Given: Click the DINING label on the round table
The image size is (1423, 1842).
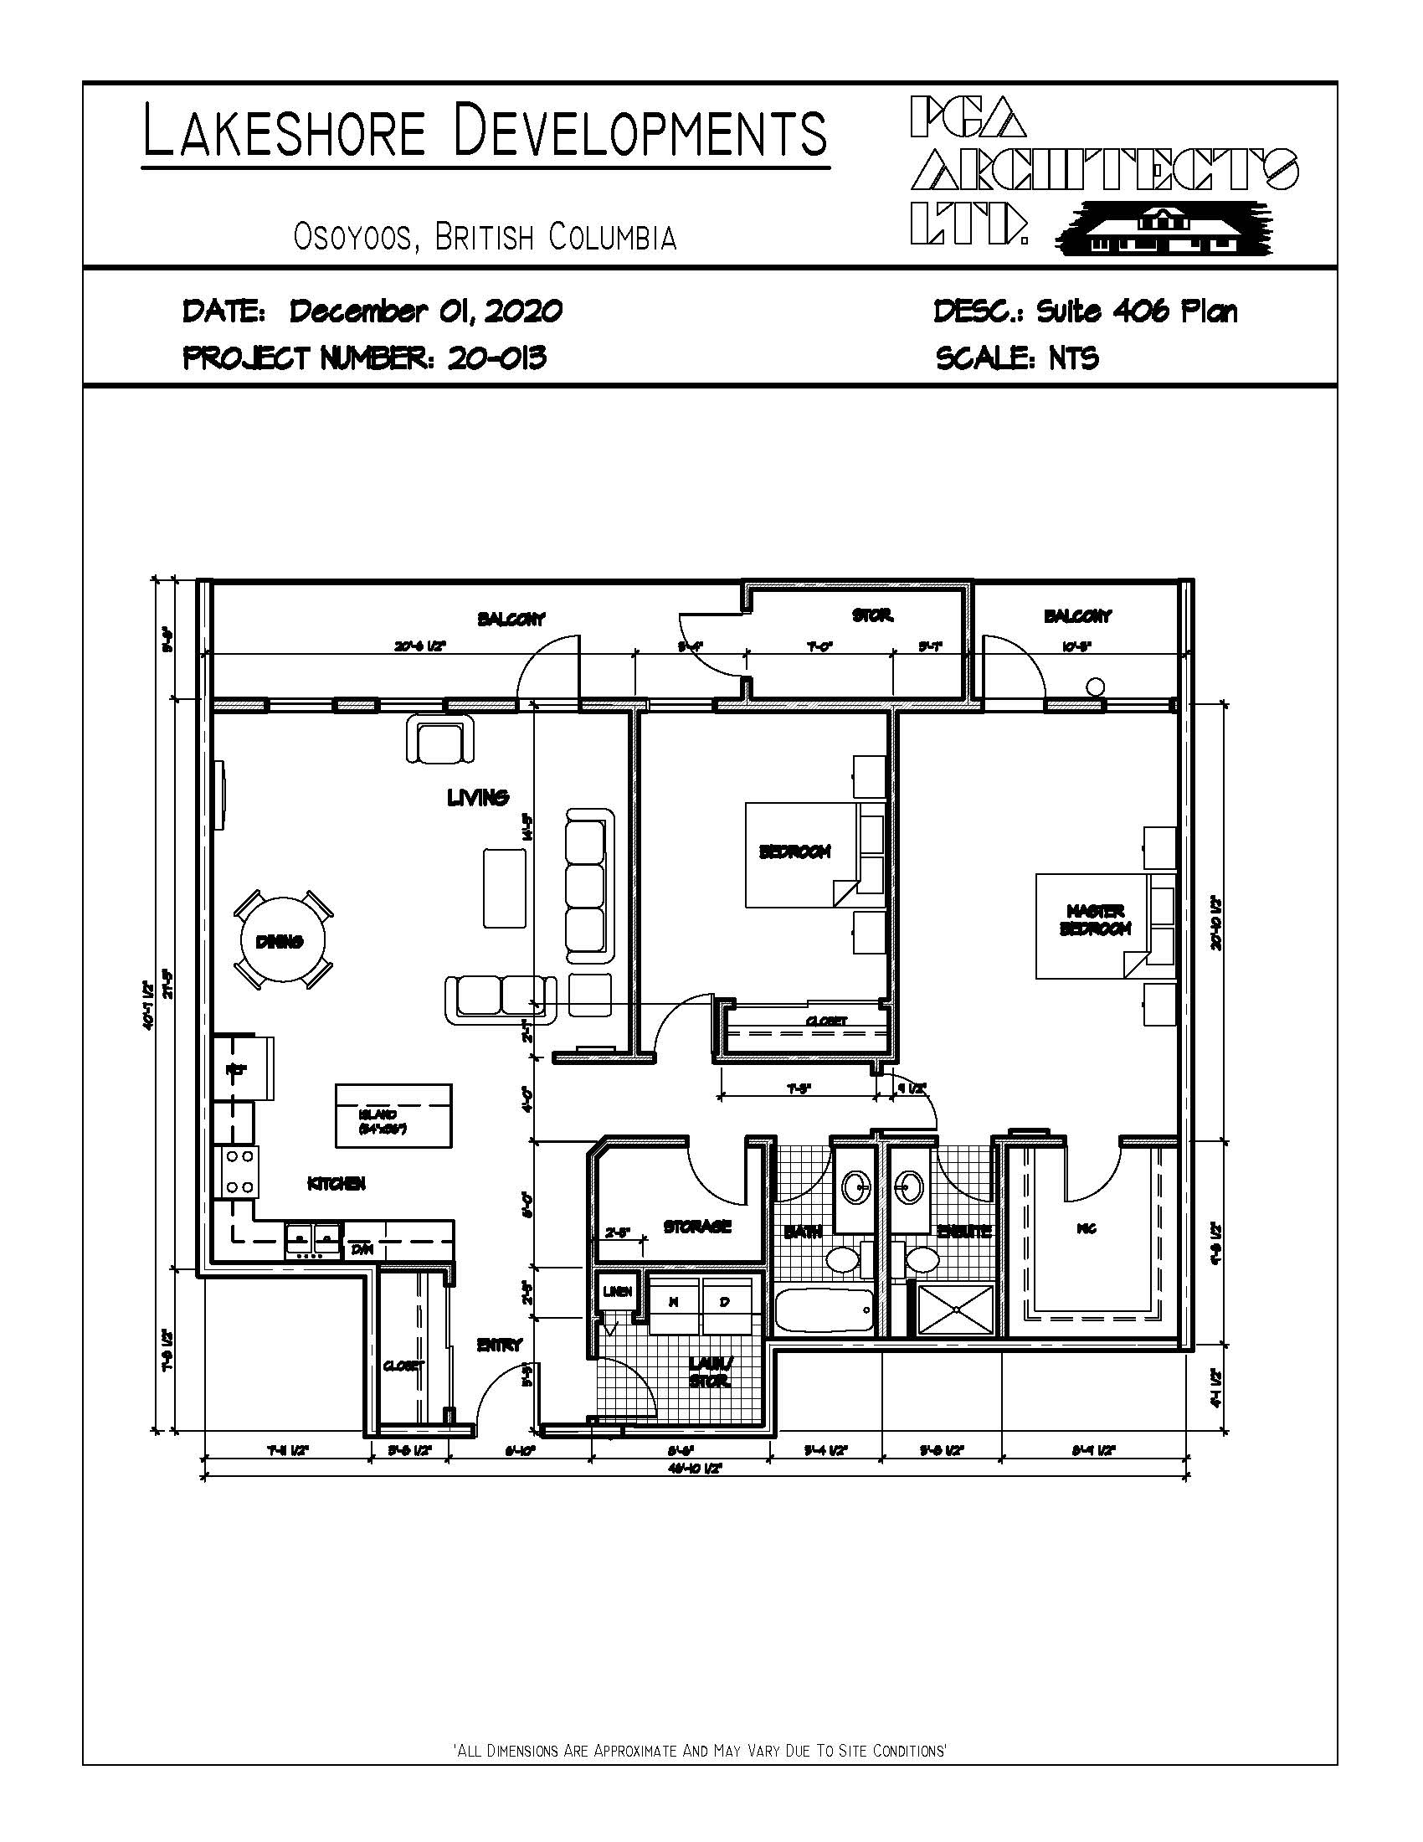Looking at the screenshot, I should pos(279,942).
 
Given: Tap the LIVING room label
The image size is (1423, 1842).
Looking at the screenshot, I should pos(478,797).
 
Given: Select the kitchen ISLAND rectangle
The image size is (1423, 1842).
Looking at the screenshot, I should pos(393,1115).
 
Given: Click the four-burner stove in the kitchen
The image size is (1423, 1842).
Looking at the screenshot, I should pos(239,1172).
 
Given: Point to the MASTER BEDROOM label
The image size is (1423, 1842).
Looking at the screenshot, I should pos(1095,920).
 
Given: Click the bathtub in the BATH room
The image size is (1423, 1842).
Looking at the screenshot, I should pos(825,1310).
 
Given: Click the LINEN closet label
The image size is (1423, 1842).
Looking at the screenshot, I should pos(616,1291).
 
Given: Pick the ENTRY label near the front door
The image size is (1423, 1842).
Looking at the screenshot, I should pos(499,1345).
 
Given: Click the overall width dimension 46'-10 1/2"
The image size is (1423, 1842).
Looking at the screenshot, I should pos(696,1469).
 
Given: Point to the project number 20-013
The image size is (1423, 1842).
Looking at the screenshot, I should pos(497,358).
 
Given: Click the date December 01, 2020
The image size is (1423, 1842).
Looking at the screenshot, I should pos(426,311).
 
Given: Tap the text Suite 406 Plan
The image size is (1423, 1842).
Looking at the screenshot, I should pos(1137,311).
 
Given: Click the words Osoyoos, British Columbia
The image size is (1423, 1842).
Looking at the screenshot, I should pos(485,237).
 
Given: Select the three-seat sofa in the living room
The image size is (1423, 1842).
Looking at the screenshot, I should pos(588,886).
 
